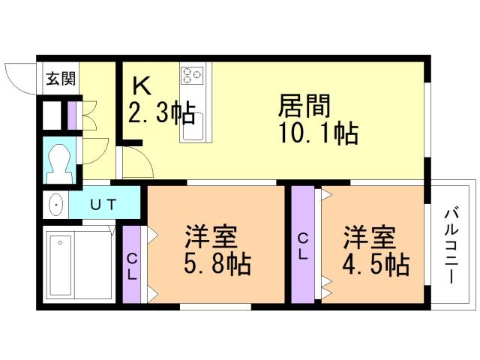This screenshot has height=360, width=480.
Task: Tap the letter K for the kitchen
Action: pyautogui.click(x=140, y=85)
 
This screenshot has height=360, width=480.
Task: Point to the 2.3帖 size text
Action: pyautogui.click(x=160, y=114)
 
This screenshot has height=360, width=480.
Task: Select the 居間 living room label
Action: pyautogui.click(x=304, y=105)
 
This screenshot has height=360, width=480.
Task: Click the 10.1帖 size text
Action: pyautogui.click(x=318, y=134)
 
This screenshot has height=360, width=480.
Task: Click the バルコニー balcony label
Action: pyautogui.click(x=452, y=243)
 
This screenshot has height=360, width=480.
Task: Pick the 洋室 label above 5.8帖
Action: pyautogui.click(x=211, y=238)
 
